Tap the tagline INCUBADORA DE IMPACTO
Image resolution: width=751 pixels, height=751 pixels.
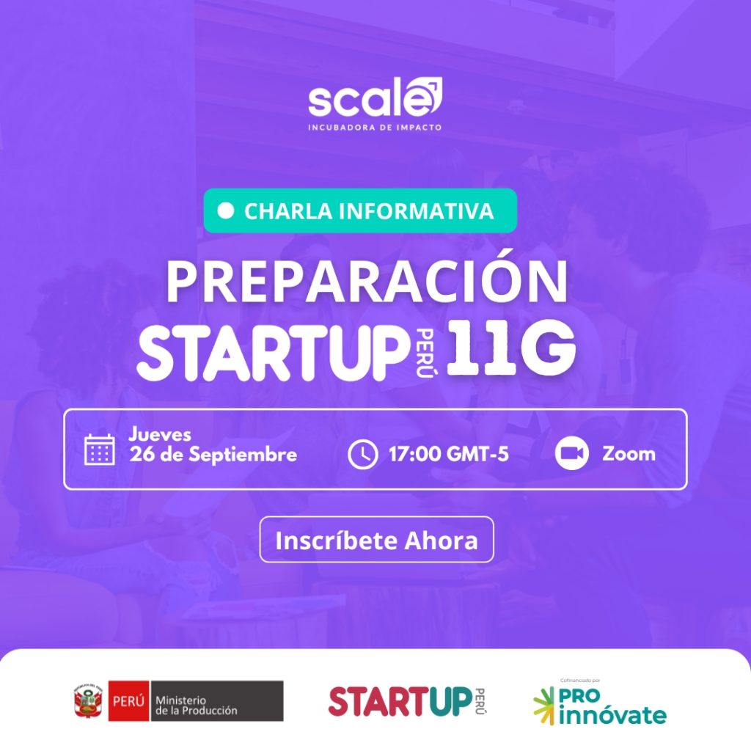pyautogui.click(x=375, y=128)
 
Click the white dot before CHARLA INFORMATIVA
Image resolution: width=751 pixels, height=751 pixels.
pyautogui.click(x=226, y=210)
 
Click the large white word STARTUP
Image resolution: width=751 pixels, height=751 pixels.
pyautogui.click(x=271, y=353)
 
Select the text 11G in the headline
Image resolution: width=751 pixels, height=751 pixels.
pyautogui.click(x=510, y=348)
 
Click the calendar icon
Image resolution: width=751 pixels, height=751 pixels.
pyautogui.click(x=100, y=450)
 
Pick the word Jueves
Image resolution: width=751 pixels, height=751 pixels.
pyautogui.click(x=160, y=434)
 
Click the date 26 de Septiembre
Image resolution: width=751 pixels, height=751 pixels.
pyautogui.click(x=213, y=455)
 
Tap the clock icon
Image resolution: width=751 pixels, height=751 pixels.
pyautogui.click(x=362, y=454)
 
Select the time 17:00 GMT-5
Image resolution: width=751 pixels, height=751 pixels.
pyautogui.click(x=448, y=454)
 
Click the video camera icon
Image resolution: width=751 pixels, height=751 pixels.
pyautogui.click(x=572, y=453)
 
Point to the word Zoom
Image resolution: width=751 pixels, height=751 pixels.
pyautogui.click(x=629, y=453)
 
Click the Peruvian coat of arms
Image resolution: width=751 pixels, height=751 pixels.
pyautogui.click(x=88, y=701)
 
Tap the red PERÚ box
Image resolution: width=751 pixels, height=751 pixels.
pyautogui.click(x=128, y=700)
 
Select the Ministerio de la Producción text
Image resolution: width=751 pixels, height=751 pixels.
pyautogui.click(x=197, y=706)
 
